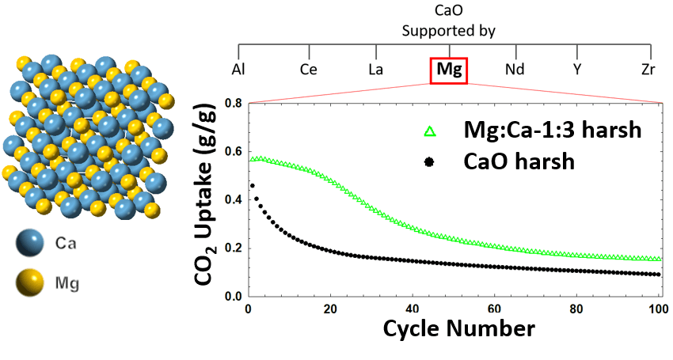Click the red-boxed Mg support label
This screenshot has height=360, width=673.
click(448, 70)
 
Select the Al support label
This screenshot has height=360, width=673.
click(238, 70)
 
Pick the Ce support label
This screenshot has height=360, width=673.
click(309, 70)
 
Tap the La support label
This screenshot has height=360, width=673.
click(378, 70)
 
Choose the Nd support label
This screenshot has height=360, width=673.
click(515, 70)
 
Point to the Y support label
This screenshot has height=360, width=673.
click(579, 70)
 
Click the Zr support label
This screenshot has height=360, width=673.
click(648, 70)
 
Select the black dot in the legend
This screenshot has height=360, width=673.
click(430, 162)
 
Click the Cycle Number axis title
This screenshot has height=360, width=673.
click(458, 328)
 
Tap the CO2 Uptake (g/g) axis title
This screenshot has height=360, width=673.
click(212, 199)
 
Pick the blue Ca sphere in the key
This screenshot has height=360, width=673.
click(33, 246)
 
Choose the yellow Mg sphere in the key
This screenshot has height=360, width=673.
click(33, 280)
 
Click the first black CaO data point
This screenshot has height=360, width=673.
click(253, 185)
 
